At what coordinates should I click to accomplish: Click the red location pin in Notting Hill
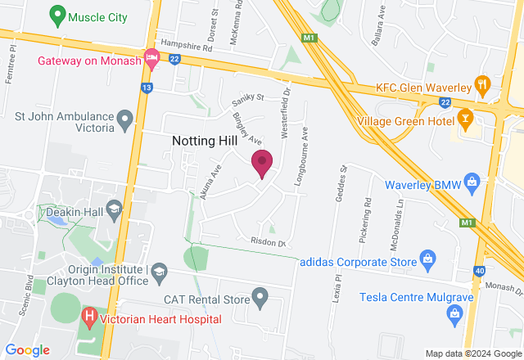[261, 163]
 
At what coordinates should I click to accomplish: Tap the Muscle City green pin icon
[56, 15]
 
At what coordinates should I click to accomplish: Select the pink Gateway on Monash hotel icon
[151, 56]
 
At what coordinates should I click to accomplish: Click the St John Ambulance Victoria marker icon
[124, 121]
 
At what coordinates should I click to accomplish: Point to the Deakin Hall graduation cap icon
[113, 209]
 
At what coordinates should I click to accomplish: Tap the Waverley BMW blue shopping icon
[471, 182]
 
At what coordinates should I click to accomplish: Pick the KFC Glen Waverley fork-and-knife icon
[484, 84]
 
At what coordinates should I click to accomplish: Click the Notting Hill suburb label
[205, 141]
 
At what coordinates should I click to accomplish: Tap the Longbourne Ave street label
[303, 147]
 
